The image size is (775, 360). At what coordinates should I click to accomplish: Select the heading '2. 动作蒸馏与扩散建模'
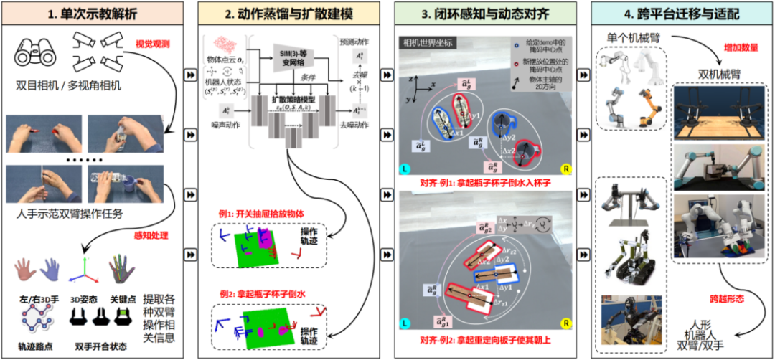(291, 12)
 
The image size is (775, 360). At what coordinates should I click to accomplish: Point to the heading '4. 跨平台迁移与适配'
(679, 12)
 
